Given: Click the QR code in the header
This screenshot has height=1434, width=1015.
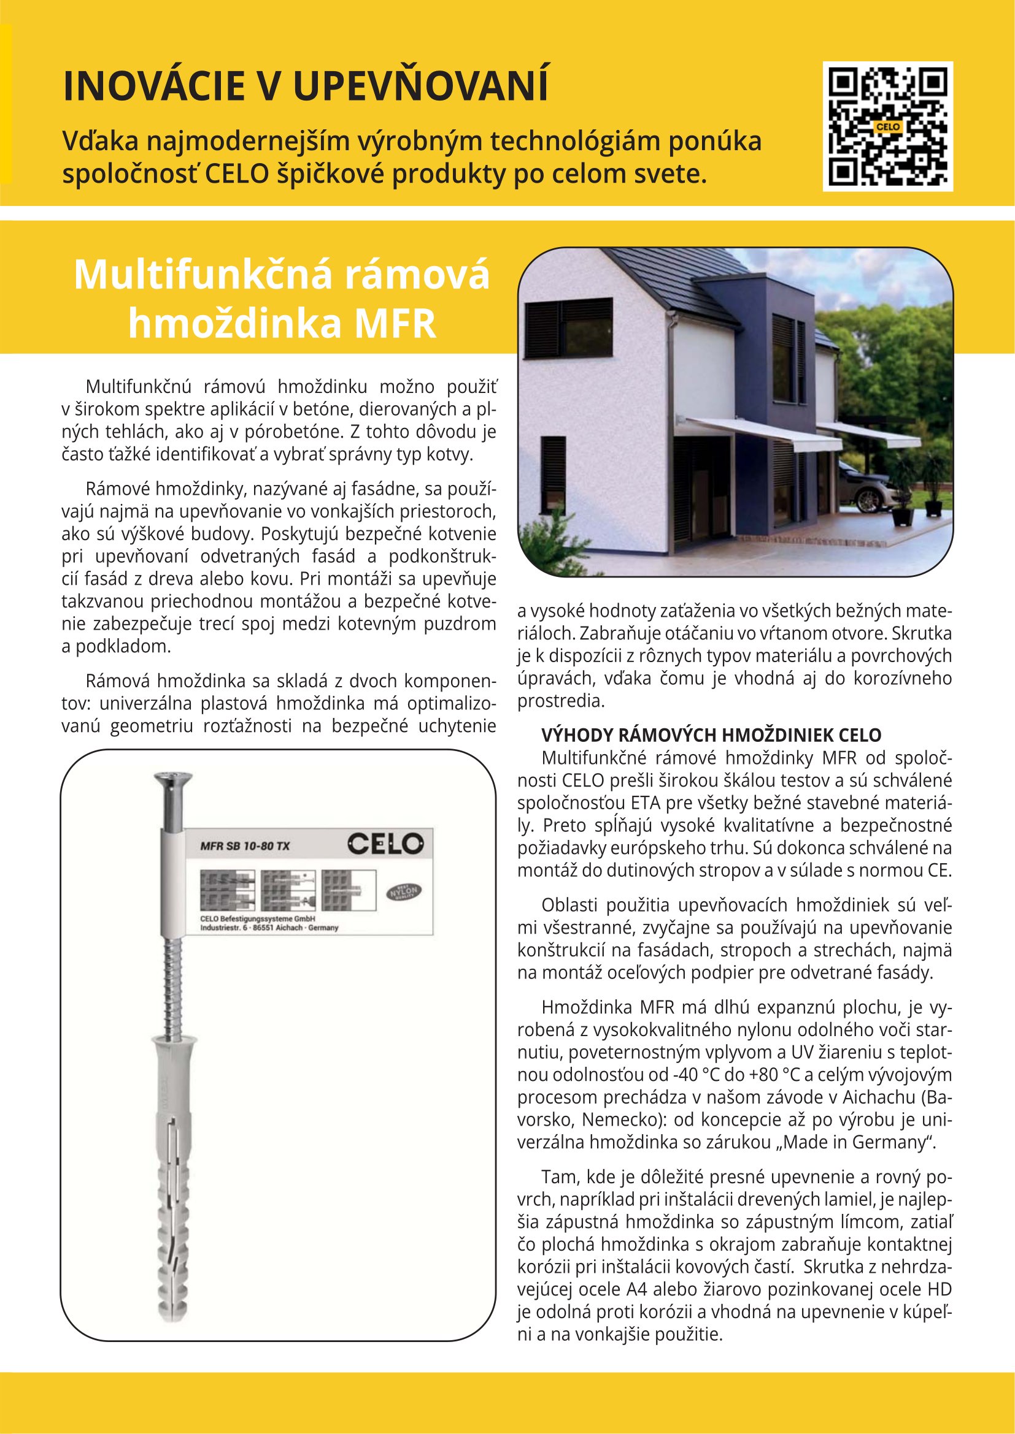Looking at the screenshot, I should [887, 126].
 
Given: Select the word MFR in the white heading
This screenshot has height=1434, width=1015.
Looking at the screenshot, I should [395, 324].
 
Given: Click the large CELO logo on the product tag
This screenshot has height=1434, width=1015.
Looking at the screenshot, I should [385, 845].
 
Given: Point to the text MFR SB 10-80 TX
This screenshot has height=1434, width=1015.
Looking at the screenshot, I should [245, 846].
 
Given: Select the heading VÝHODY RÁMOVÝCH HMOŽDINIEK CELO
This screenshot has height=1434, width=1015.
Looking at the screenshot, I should [711, 735].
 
